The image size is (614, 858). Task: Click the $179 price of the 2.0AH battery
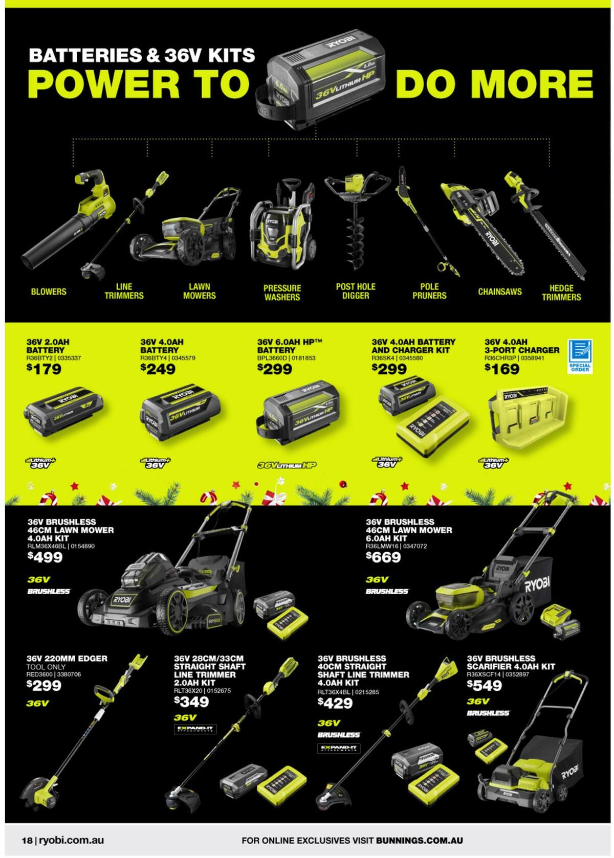point(44,369)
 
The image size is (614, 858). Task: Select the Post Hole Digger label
point(356,291)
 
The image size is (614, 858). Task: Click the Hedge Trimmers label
point(561,292)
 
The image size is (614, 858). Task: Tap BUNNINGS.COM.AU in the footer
point(420,840)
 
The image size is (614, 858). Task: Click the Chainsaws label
point(499,291)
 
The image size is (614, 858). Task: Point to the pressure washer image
point(280,225)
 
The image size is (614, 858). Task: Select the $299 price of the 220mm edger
point(44,686)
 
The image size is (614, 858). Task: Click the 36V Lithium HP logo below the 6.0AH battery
point(287,465)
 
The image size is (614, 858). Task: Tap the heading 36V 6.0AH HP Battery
point(290,346)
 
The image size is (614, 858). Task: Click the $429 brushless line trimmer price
point(335,703)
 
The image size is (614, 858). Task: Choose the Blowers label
point(49,291)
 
